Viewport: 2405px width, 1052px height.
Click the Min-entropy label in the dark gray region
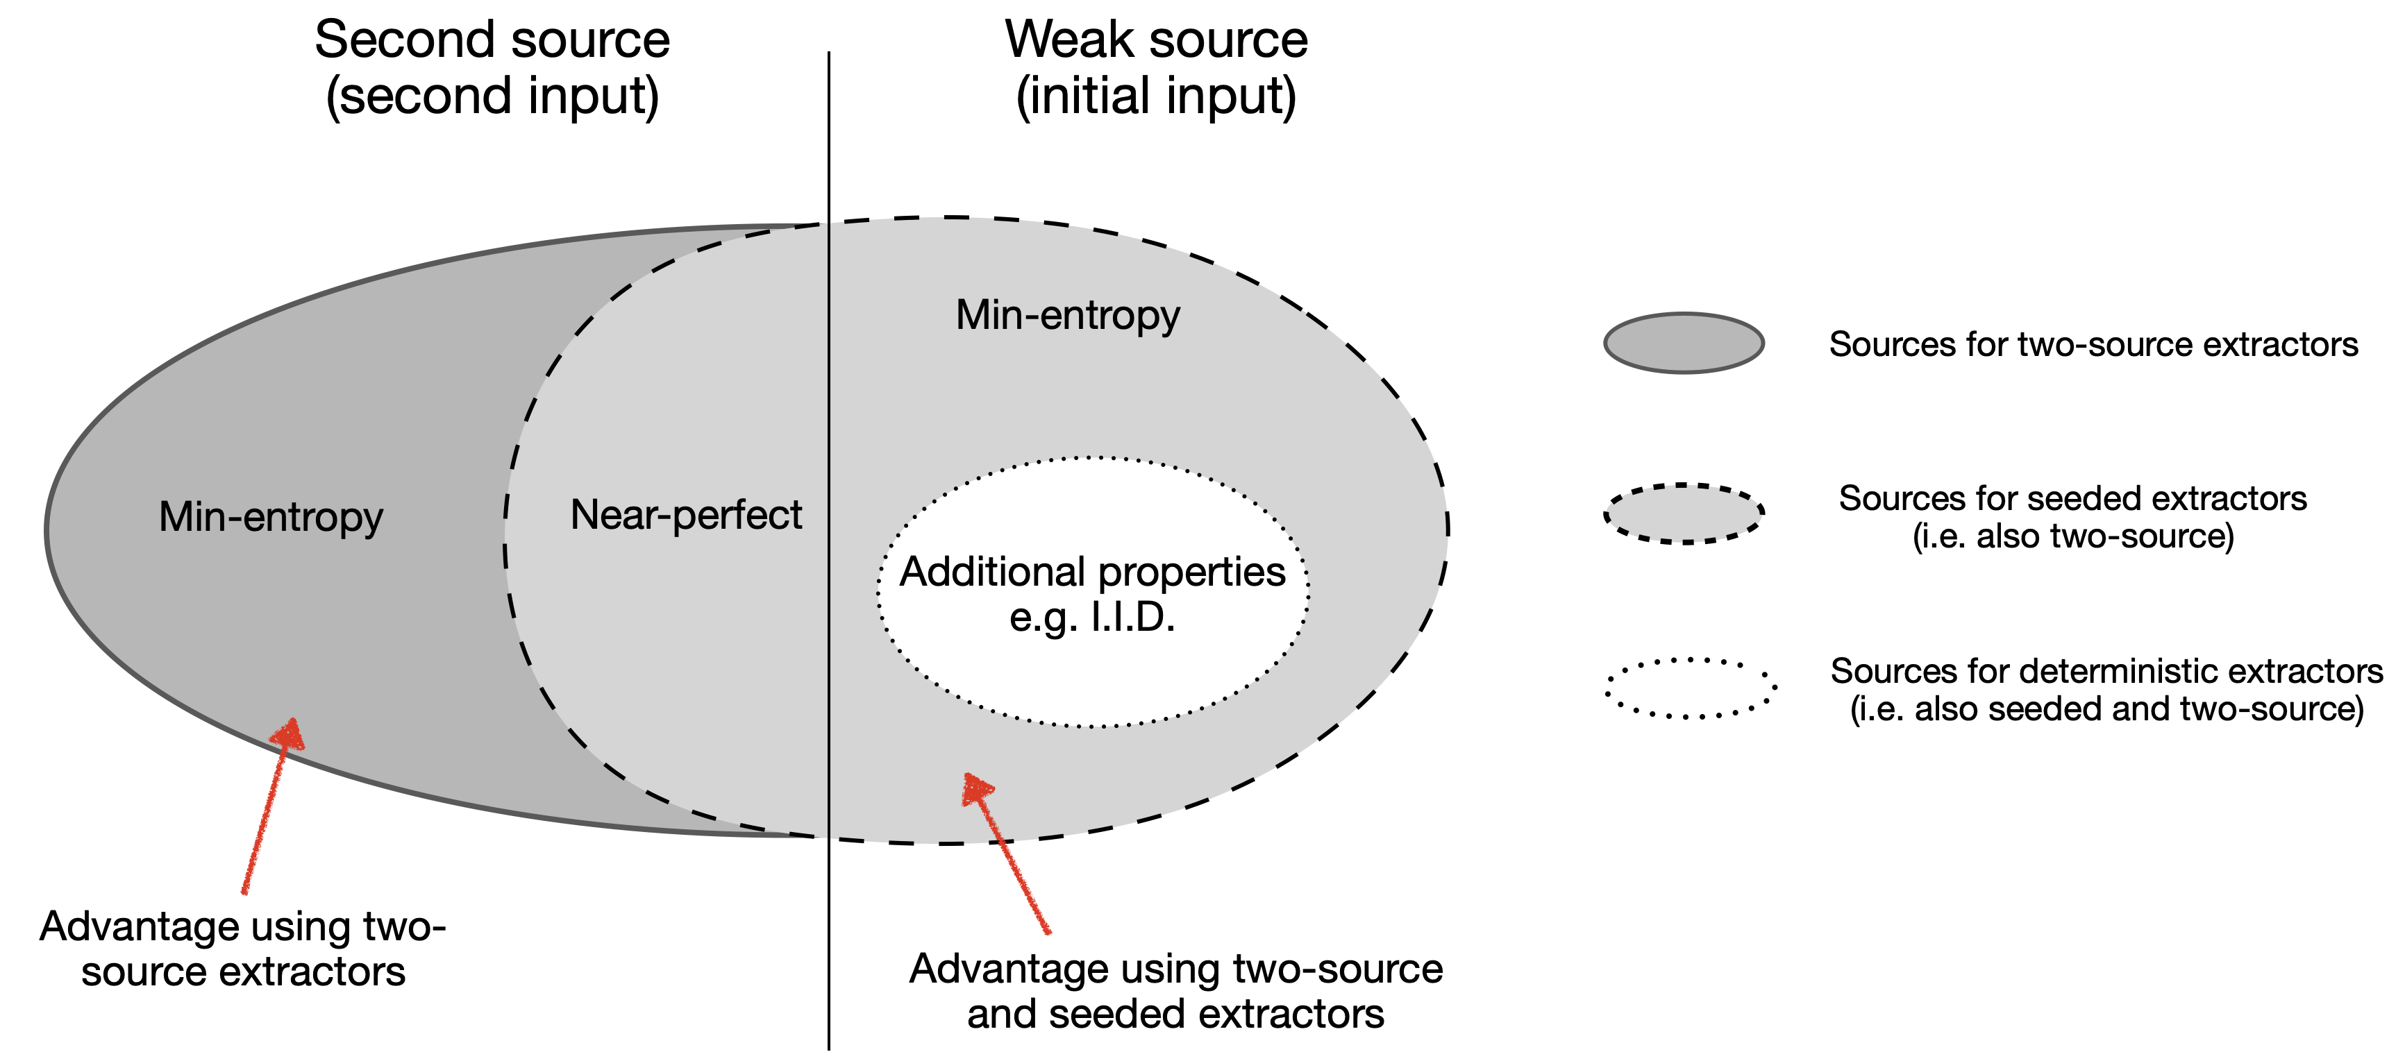[x=271, y=517]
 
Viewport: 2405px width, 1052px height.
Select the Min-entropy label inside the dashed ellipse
[x=1067, y=316]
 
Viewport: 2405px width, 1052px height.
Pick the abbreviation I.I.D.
[x=1132, y=617]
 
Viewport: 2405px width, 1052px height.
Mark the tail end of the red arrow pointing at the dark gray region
[x=244, y=892]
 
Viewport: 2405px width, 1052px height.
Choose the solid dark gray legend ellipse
[x=1684, y=343]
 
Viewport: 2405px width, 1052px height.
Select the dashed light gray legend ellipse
[x=1684, y=514]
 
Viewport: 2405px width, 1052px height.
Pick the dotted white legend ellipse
[x=1689, y=689]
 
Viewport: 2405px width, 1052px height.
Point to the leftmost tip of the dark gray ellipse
[x=51, y=530]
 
